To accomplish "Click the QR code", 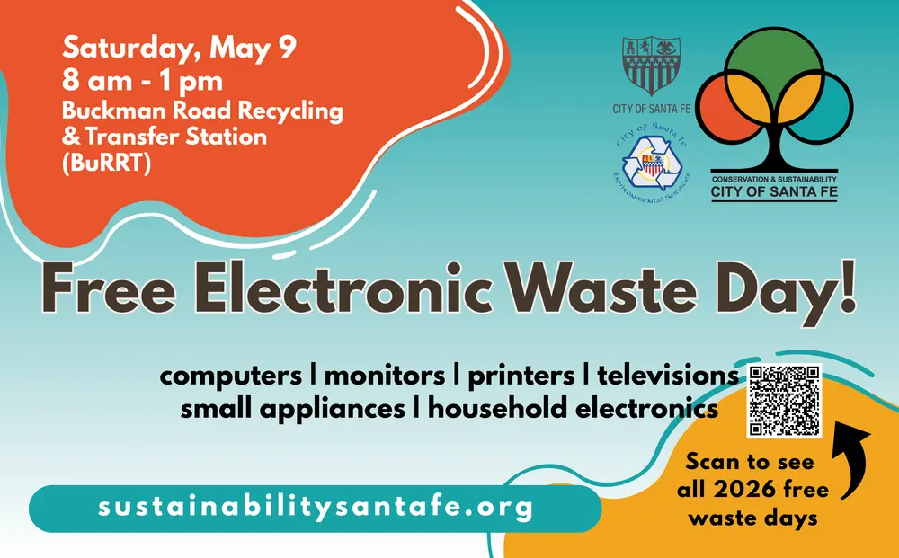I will tap(785, 401).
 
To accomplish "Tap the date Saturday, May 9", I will tap(179, 48).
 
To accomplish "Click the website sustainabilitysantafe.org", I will tap(316, 509).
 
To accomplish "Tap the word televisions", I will tap(668, 375).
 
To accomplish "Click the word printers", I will tap(519, 375).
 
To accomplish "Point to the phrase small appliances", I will tap(292, 408).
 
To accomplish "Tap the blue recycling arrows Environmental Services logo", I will tap(654, 164).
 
